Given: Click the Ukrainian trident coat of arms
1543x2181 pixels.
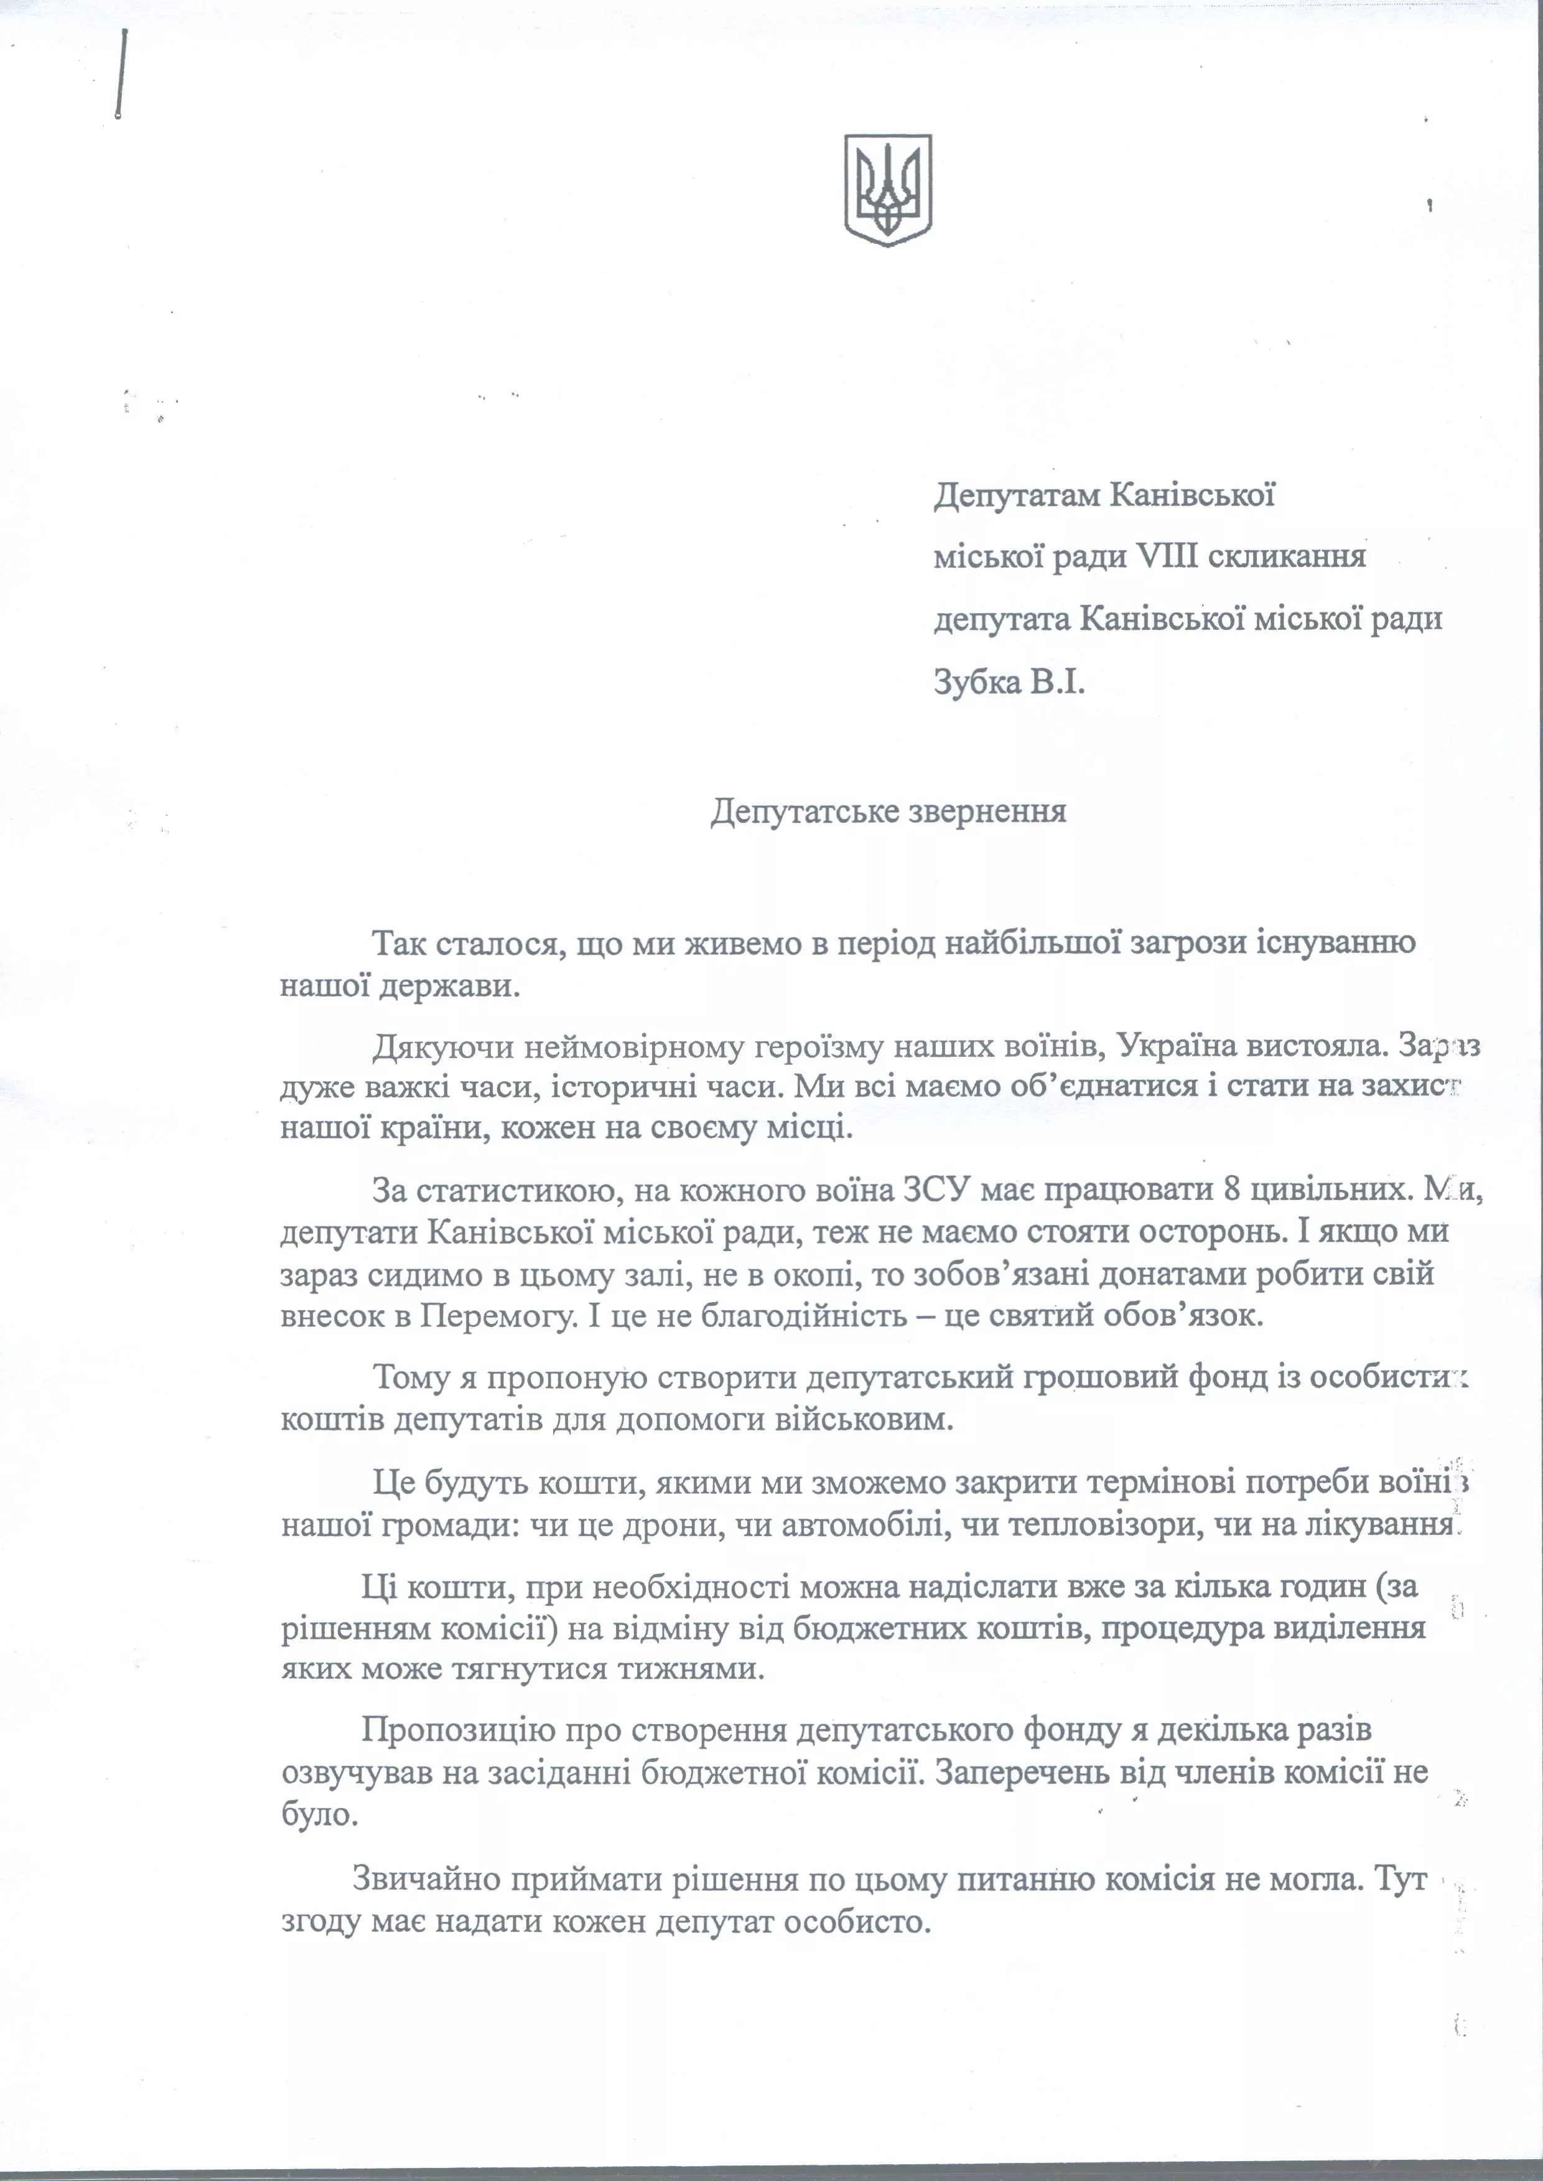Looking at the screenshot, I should [x=887, y=189].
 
